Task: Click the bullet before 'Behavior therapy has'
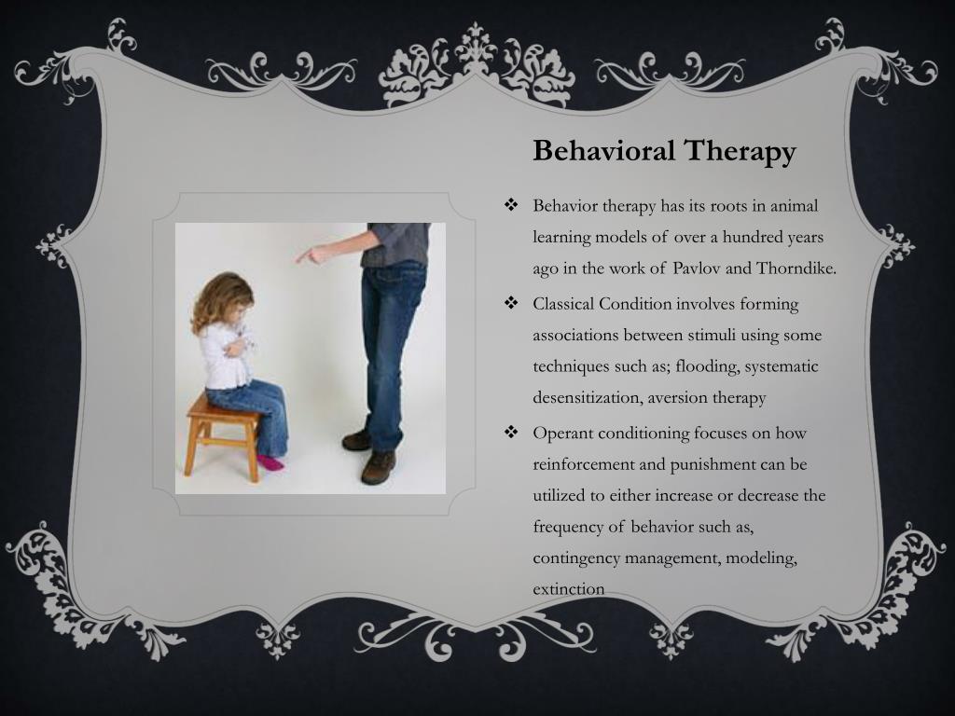510,204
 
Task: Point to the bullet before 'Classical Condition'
510,303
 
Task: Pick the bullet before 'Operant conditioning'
510,433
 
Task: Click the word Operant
561,433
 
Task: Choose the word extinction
568,589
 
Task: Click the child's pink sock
269,461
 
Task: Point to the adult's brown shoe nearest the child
357,439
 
